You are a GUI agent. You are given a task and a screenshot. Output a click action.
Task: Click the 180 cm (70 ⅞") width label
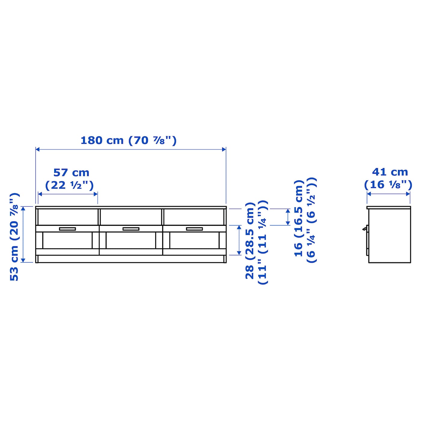click(128, 140)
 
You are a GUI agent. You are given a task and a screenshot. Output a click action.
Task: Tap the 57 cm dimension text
click(72, 173)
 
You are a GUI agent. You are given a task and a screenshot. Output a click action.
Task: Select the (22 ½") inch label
click(69, 186)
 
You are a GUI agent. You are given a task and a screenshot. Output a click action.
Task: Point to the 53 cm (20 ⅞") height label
click(15, 237)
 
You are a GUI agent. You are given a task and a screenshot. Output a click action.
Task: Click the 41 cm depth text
click(390, 172)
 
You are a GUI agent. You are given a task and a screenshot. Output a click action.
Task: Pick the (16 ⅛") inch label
click(388, 185)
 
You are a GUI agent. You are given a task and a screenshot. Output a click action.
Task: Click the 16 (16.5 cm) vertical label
click(299, 218)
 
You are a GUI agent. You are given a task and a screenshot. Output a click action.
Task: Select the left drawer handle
click(67, 229)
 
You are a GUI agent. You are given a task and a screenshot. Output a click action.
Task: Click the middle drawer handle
click(131, 229)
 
